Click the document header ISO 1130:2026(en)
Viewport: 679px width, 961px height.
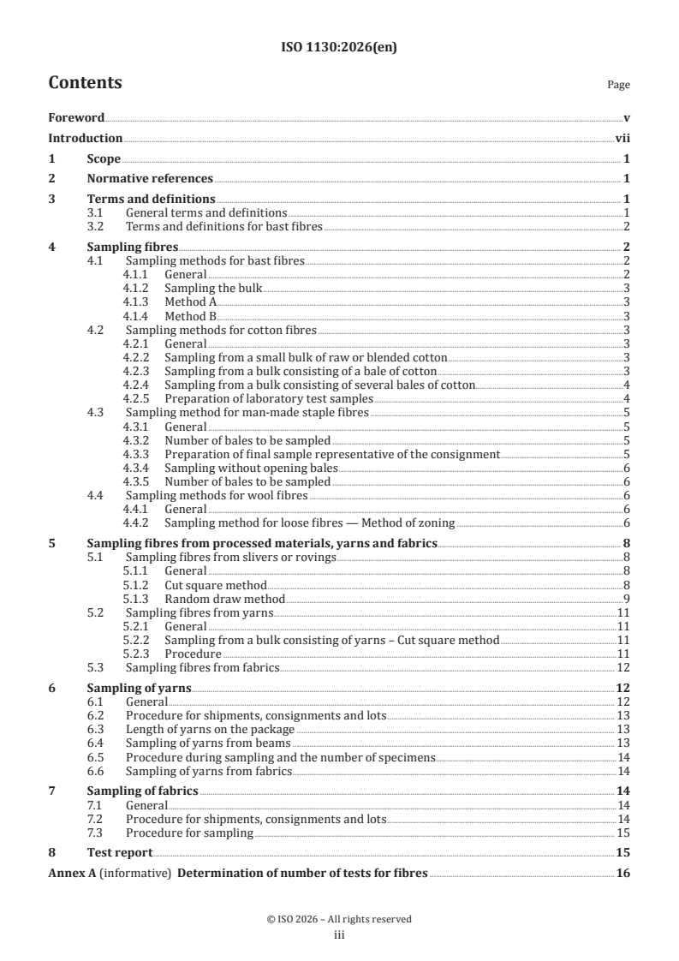click(339, 48)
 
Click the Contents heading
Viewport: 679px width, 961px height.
click(85, 83)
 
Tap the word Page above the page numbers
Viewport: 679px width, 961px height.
click(617, 85)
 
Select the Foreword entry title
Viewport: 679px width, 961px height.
click(76, 118)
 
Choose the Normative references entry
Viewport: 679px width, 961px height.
click(150, 179)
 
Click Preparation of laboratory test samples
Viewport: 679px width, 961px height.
click(269, 398)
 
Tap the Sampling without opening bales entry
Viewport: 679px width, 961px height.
click(251, 468)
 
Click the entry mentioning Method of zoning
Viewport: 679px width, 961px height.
click(309, 522)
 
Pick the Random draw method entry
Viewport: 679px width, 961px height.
click(224, 598)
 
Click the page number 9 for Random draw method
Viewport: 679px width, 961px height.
click(627, 598)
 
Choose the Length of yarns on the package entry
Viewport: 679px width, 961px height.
click(210, 729)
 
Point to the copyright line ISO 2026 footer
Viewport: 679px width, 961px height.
click(339, 919)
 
